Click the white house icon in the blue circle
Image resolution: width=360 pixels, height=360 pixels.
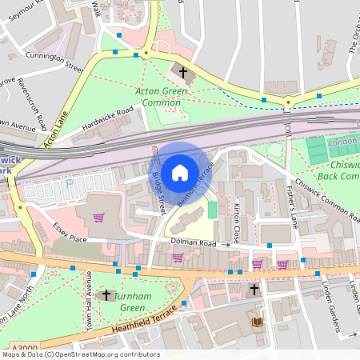click(x=180, y=173)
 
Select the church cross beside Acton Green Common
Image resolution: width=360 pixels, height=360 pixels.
click(x=182, y=73)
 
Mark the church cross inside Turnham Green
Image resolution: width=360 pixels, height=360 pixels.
click(x=106, y=295)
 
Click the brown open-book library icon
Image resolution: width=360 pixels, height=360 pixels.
click(x=257, y=322)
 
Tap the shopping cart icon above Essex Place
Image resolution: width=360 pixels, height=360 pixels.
click(x=98, y=218)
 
